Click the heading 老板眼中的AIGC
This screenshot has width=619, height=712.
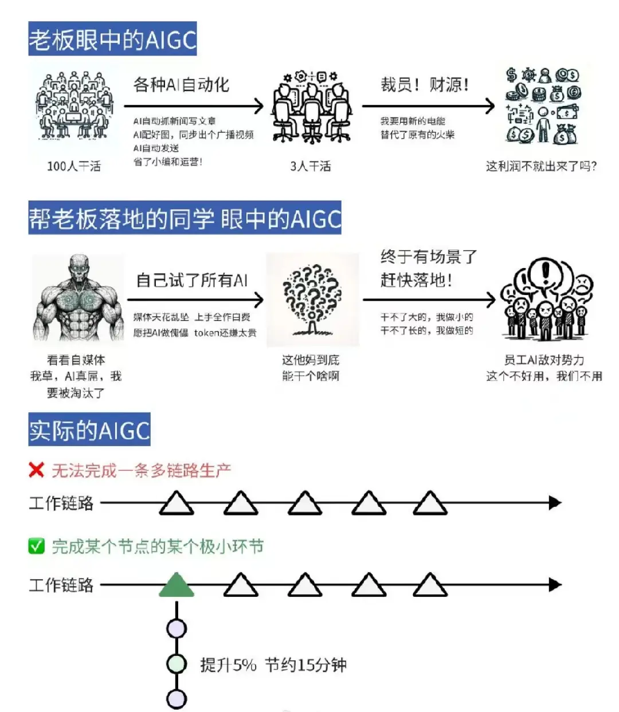(112, 39)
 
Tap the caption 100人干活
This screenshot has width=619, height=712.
(74, 166)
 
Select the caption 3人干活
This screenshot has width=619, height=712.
(310, 166)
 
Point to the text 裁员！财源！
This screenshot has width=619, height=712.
(425, 85)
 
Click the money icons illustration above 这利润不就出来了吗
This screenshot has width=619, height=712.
(542, 105)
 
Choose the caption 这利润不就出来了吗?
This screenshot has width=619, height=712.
(541, 166)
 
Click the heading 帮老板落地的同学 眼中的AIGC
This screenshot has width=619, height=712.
(185, 218)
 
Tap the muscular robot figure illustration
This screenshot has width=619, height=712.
(78, 298)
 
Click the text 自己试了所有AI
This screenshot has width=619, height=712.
(191, 280)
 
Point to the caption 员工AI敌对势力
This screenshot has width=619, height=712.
(543, 360)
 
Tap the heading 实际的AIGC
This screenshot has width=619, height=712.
(89, 430)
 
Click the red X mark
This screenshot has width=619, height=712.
(36, 470)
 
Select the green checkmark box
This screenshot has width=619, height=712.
(37, 546)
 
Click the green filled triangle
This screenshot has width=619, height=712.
(176, 585)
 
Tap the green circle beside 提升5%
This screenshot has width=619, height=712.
(177, 664)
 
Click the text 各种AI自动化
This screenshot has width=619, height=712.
(181, 85)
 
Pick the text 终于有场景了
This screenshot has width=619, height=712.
(429, 256)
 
